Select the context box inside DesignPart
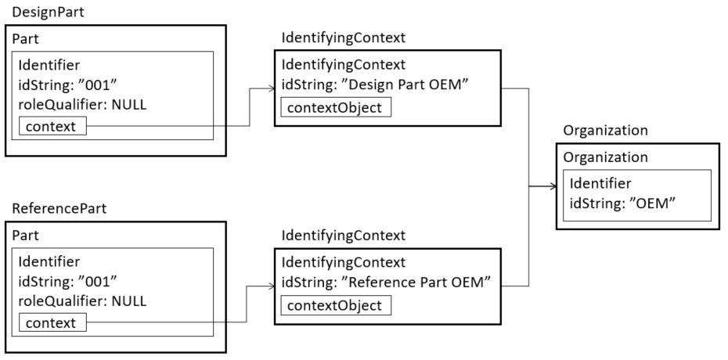(52, 125)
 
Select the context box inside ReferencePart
(52, 322)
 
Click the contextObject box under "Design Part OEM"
(335, 107)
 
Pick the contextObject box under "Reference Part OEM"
(335, 304)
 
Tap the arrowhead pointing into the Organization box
(551, 187)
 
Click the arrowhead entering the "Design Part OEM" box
(269, 90)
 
